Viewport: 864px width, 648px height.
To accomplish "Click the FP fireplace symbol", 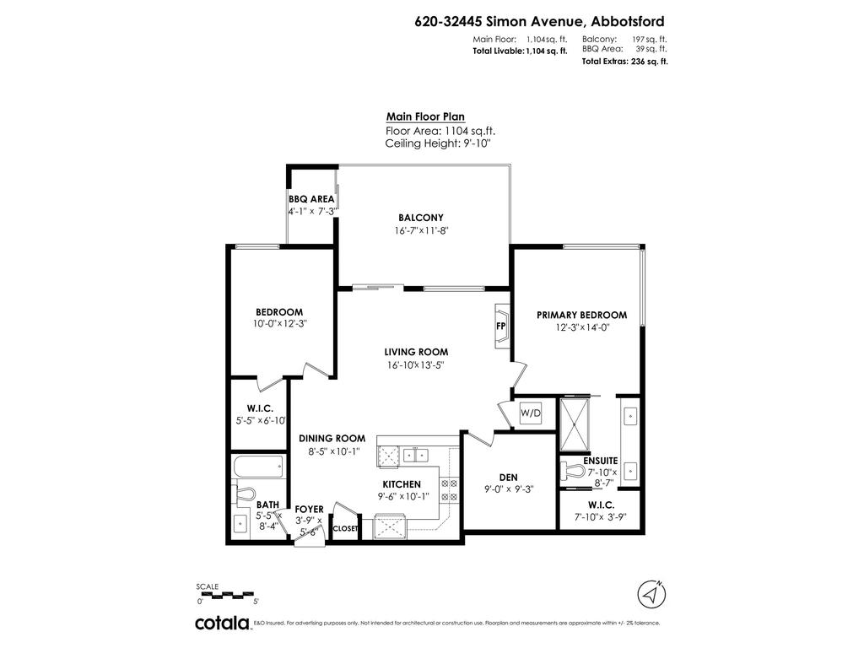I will (x=500, y=327).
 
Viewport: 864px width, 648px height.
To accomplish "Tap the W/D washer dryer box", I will (x=531, y=413).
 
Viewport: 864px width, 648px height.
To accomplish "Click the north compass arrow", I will (x=650, y=592).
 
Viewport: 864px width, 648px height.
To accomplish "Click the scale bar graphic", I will (x=228, y=595).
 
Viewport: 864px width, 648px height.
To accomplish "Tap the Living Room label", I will (x=416, y=352).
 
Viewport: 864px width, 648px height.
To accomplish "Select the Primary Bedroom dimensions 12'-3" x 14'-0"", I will (x=581, y=327).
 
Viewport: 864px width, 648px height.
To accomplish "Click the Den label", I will (x=509, y=477).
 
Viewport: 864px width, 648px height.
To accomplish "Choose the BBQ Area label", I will (x=311, y=199).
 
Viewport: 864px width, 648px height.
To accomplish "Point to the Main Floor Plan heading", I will (x=425, y=117).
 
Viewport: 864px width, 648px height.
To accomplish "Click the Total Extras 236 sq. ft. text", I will (x=624, y=62).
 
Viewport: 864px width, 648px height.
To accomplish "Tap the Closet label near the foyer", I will (x=346, y=529).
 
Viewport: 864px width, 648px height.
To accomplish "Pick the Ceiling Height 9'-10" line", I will (x=437, y=143).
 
